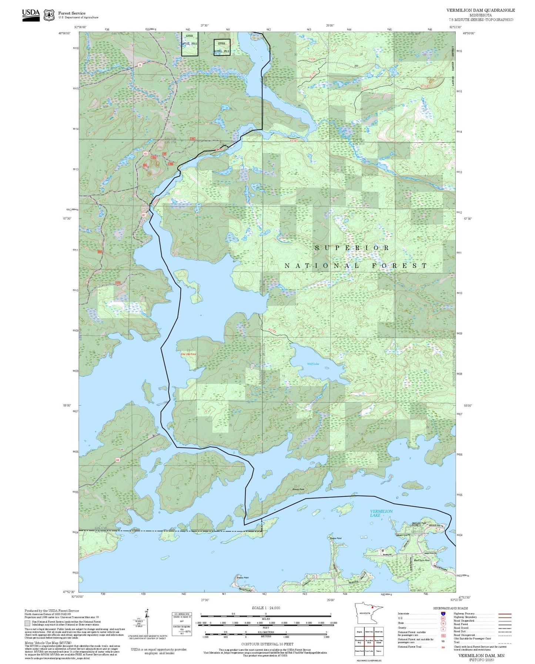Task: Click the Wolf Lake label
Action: point(313,364)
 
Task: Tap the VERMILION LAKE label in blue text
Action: point(381,513)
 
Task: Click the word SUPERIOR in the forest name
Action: point(352,248)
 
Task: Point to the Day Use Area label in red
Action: point(188,354)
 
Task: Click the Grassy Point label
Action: point(298,489)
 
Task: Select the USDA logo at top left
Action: point(31,15)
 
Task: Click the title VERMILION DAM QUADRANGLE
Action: point(480,10)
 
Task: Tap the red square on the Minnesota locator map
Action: point(372,607)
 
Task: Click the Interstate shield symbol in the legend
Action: point(443,614)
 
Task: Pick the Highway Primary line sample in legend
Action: point(505,614)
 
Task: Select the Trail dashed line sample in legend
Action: point(505,643)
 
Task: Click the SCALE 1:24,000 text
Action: point(265,608)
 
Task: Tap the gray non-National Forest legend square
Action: point(27,623)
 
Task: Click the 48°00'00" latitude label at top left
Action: point(64,33)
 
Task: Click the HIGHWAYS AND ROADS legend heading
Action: point(450,608)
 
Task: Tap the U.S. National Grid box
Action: point(182,623)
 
